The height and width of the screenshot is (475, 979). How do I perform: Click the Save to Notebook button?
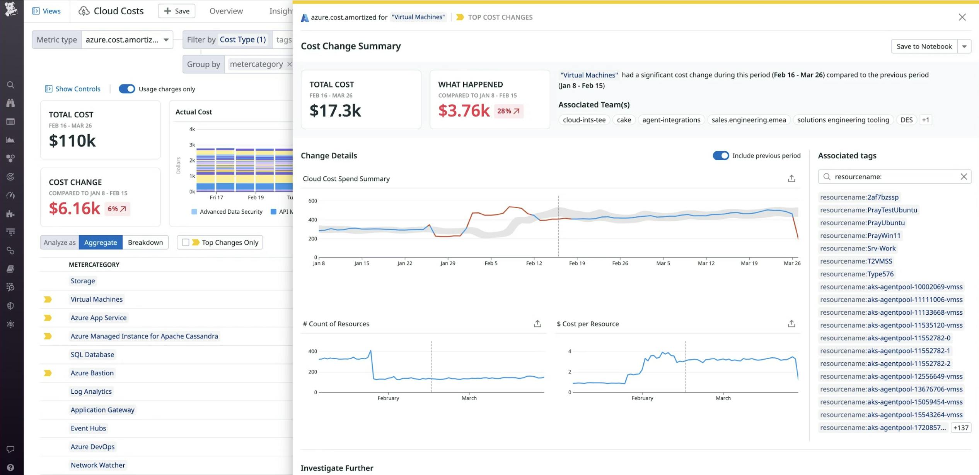click(x=924, y=46)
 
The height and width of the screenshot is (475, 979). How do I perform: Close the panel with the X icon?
click(x=962, y=17)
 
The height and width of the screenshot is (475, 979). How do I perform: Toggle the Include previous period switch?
click(x=721, y=156)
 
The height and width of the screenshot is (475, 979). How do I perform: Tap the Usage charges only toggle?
click(x=127, y=89)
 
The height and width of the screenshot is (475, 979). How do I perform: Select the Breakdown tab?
click(x=145, y=242)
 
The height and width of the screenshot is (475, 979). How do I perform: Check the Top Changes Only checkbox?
click(x=186, y=242)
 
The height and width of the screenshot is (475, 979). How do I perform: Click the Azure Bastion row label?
click(x=92, y=373)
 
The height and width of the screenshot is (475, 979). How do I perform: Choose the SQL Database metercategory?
click(x=92, y=355)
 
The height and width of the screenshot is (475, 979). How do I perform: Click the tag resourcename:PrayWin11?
click(x=860, y=235)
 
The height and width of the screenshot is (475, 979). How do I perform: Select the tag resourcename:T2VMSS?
click(x=856, y=261)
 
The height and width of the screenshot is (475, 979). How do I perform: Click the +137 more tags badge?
click(x=960, y=428)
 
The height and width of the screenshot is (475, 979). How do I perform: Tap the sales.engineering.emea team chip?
click(x=749, y=120)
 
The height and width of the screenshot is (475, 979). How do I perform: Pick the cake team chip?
click(x=624, y=120)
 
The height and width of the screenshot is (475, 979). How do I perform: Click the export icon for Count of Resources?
click(x=537, y=324)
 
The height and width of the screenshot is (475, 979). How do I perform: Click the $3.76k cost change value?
click(x=464, y=111)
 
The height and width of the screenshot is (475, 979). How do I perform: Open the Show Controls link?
click(x=77, y=89)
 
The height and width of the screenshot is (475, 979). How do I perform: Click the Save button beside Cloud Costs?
click(x=177, y=11)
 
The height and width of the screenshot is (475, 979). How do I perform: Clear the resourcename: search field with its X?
click(x=964, y=177)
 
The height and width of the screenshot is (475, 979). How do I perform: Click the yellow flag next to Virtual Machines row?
click(x=48, y=299)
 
